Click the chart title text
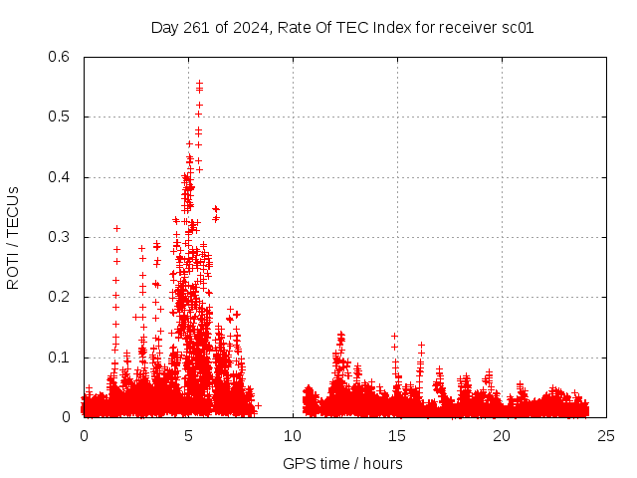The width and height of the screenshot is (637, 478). coord(342,28)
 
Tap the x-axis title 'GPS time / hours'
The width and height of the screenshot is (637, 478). coord(342,463)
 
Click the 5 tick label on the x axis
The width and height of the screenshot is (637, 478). coord(188,436)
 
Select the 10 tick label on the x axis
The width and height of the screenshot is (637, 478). coord(293,436)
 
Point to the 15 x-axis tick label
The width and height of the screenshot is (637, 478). coord(397,436)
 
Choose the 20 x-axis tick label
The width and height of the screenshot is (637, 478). coord(502,436)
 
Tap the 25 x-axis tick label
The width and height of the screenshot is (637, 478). coord(606,436)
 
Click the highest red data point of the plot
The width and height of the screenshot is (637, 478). coord(199,84)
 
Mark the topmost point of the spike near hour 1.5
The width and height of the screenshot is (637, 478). coord(116,228)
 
